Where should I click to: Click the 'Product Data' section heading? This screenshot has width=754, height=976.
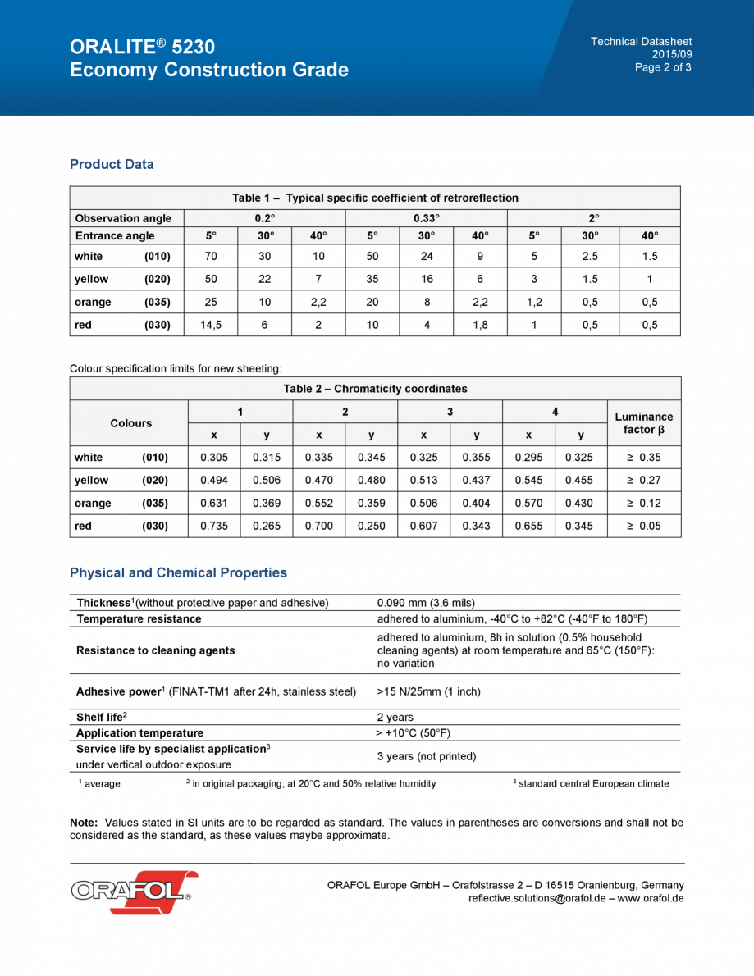[x=112, y=164]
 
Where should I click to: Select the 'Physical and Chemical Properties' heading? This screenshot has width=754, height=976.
[x=178, y=572]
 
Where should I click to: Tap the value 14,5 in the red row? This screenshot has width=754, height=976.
[x=211, y=325]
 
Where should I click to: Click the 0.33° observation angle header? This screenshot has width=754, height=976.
[x=426, y=218]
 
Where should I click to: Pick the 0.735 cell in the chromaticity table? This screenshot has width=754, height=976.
[x=214, y=526]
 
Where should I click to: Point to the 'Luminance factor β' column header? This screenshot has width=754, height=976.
[x=643, y=423]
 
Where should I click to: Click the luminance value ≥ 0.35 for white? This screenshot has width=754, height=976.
[x=643, y=458]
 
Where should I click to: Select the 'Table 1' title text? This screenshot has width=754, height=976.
[x=375, y=198]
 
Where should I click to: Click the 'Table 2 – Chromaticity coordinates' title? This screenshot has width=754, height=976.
[x=375, y=389]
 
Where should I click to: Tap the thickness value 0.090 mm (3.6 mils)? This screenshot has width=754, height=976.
[x=426, y=603]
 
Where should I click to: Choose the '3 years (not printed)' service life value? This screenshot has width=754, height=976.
[x=426, y=756]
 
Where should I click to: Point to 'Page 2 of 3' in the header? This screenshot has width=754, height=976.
[x=663, y=67]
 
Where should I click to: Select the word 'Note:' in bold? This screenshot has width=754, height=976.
[x=85, y=822]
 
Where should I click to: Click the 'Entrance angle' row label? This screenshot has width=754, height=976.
[x=115, y=236]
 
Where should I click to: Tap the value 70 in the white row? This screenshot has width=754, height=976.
[x=211, y=256]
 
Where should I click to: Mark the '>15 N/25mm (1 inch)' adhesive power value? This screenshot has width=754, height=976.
[x=428, y=691]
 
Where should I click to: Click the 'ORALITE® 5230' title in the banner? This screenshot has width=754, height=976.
[x=143, y=47]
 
